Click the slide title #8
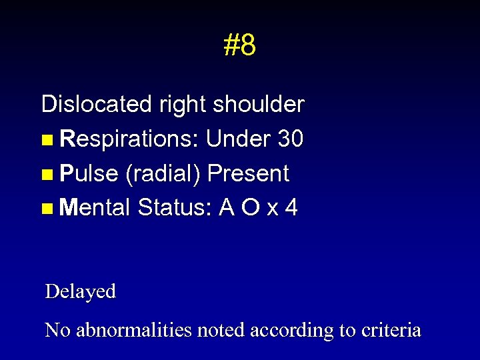240,45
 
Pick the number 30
291,139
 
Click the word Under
239,139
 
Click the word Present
248,173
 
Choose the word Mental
94,208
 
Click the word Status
175,208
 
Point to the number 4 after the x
291,208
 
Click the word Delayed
80,291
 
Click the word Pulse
89,173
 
